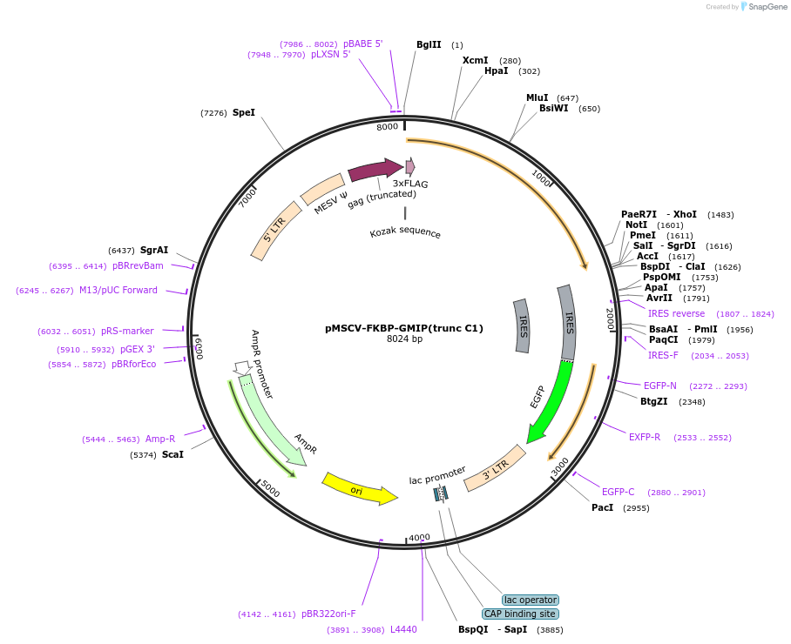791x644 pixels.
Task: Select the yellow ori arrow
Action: pos(357,489)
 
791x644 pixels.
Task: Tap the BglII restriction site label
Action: pos(429,44)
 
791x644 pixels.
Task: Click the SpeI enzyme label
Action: pos(244,112)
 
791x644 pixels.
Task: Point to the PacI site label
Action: pos(603,507)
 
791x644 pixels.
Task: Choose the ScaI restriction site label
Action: pos(172,454)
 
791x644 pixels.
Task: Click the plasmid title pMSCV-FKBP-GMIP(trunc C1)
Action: pos(404,328)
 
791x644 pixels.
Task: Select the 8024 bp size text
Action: pos(404,339)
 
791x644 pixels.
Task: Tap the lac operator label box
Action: pos(531,600)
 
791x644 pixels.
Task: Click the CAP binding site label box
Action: pos(520,614)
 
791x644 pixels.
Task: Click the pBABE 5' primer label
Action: pos(362,44)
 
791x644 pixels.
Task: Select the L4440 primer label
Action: pos(403,629)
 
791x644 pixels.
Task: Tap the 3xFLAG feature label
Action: pos(410,184)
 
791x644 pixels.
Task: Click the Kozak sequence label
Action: pos(405,233)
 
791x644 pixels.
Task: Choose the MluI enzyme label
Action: pos(537,97)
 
